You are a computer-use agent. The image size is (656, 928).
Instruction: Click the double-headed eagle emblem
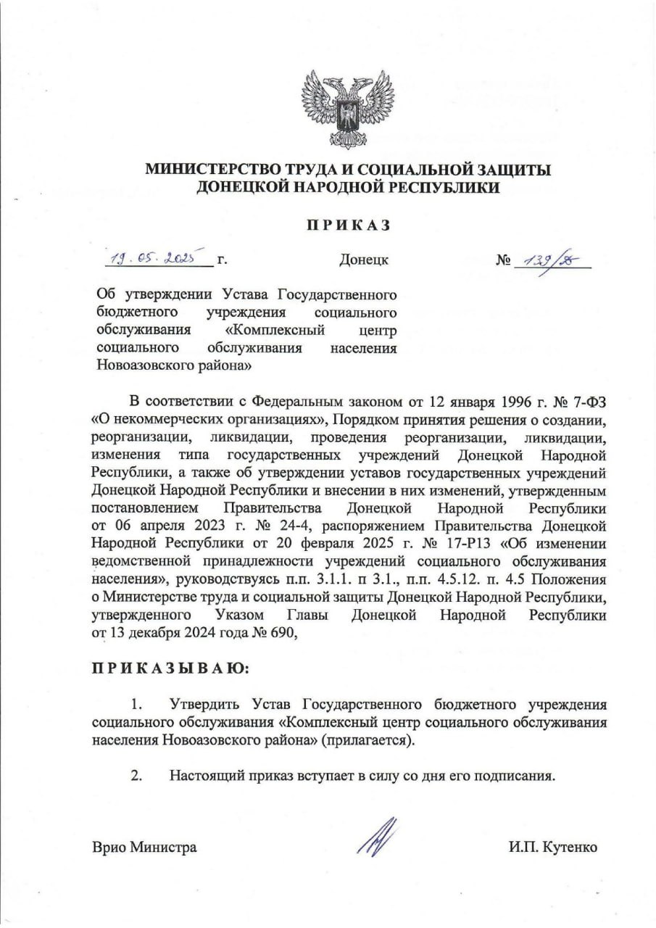(x=348, y=109)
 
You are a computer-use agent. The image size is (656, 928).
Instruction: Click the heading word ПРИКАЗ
(x=347, y=225)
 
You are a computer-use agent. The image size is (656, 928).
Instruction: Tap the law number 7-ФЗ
(x=586, y=402)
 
